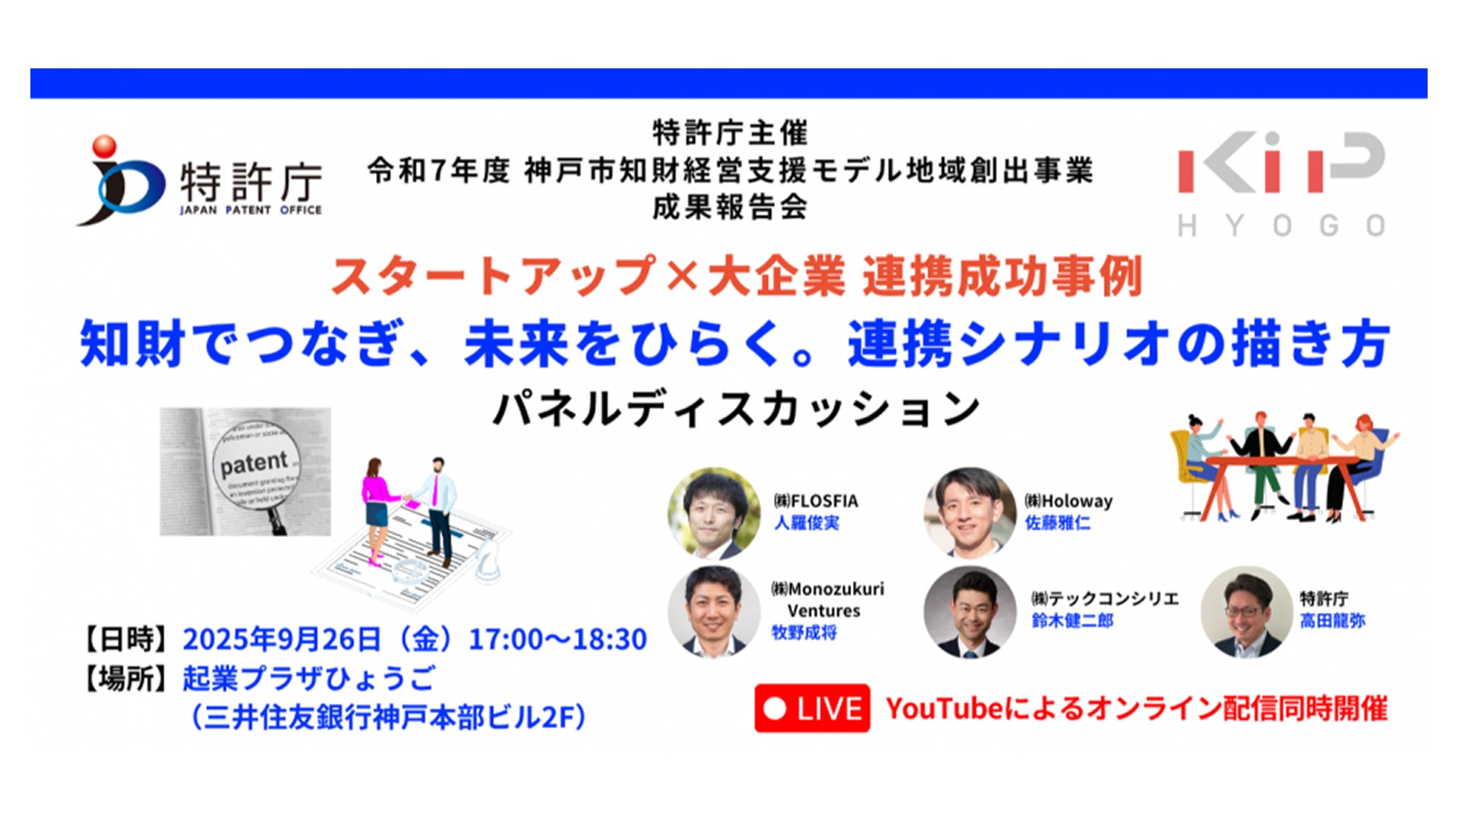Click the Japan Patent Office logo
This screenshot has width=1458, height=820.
click(x=199, y=180)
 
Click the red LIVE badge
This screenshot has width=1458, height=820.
click(x=812, y=708)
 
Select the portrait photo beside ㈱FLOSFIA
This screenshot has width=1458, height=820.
click(x=714, y=514)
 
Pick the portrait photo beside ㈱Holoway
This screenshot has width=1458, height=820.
click(x=970, y=514)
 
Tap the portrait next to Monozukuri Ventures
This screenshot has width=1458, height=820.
click(x=714, y=611)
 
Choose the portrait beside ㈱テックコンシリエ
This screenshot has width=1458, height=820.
click(x=970, y=611)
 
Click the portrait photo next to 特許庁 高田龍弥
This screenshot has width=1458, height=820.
click(x=1247, y=611)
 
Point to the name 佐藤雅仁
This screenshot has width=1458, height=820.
click(x=1058, y=522)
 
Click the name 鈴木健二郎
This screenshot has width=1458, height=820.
click(x=1072, y=620)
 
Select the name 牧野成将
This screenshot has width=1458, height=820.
click(x=804, y=632)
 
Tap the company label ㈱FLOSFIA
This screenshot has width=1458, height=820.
click(x=816, y=501)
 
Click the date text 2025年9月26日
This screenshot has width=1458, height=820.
click(x=281, y=639)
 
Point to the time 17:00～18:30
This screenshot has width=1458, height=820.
click(x=558, y=639)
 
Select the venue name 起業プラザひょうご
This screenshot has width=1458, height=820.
click(x=309, y=678)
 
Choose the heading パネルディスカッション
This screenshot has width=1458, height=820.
click(x=737, y=409)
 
